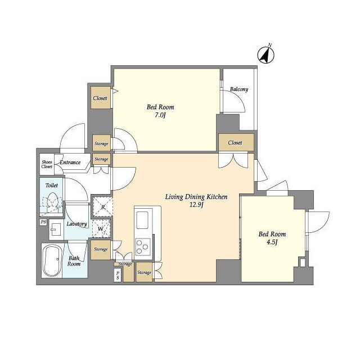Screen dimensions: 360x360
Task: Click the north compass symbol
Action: [266, 55]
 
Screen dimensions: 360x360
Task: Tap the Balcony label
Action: [239, 89]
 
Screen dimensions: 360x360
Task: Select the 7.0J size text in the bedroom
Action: [160, 115]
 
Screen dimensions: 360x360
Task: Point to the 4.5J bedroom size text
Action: [272, 242]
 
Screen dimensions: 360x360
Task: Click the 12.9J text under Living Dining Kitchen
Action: [196, 205]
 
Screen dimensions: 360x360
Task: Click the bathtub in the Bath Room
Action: [52, 260]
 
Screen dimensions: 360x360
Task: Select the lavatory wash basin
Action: [56, 229]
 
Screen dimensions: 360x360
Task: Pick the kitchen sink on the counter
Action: [142, 220]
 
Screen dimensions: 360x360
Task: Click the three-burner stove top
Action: [143, 247]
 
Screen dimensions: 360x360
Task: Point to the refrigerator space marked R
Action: [102, 207]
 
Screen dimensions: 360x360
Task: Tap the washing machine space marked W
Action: [101, 229]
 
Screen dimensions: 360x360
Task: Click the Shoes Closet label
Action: [47, 164]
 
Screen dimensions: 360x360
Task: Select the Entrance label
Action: [70, 163]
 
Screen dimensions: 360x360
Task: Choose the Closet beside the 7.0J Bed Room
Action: [100, 98]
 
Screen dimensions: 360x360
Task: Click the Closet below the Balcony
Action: [236, 142]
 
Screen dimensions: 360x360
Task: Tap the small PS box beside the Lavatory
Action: [43, 222]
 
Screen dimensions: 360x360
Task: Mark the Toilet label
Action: [51, 185]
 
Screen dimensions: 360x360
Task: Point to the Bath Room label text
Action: [74, 261]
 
